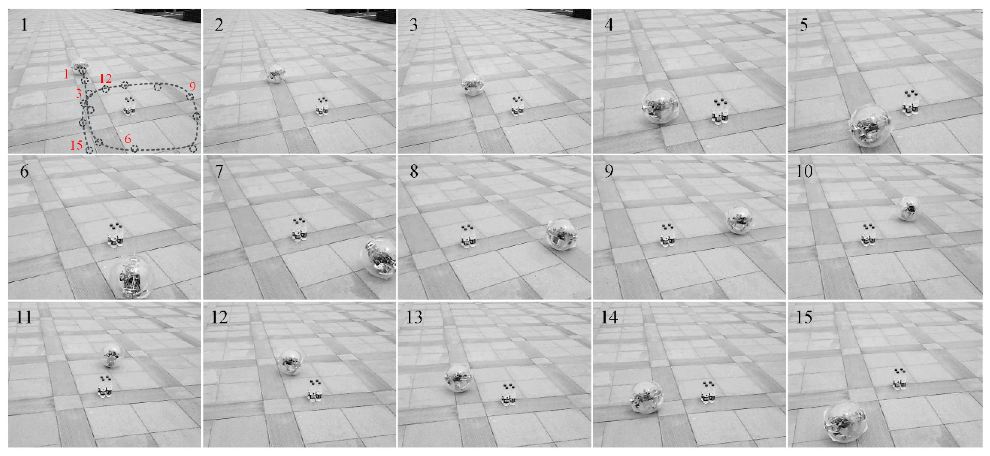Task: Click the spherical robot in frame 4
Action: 660,106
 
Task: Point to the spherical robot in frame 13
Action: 459,377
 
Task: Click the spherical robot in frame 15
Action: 845,422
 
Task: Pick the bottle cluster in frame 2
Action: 322,106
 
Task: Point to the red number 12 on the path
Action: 106,78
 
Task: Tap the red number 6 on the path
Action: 128,139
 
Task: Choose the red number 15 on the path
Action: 76,145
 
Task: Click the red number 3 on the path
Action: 79,93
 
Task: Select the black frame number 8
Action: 414,171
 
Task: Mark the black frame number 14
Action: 609,317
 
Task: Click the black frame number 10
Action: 804,171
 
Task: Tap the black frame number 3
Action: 414,25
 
